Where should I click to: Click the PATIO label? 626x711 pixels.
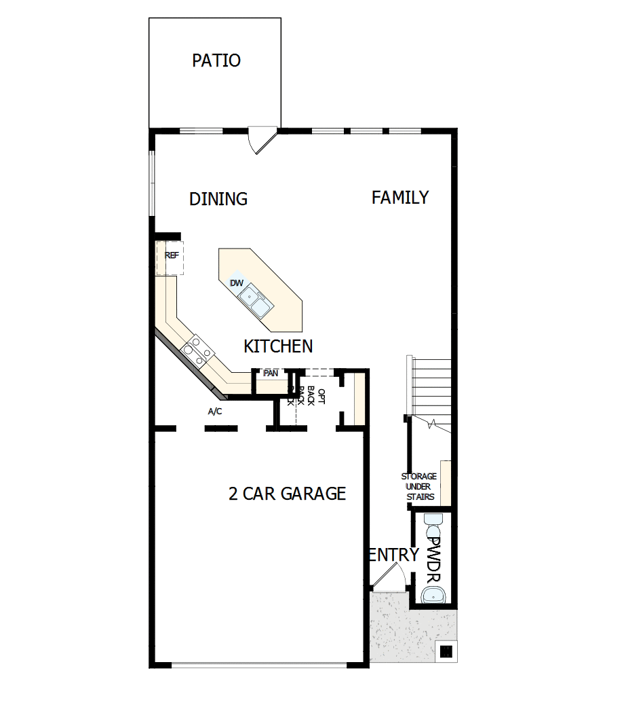[216, 60]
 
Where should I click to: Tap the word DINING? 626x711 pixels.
[218, 199]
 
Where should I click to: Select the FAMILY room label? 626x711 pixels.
[400, 198]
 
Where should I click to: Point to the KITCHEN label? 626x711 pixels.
[278, 346]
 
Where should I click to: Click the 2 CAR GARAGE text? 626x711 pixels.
[287, 494]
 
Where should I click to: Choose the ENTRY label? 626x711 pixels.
[394, 555]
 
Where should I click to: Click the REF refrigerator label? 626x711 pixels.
[172, 255]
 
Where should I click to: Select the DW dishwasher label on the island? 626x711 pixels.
[237, 283]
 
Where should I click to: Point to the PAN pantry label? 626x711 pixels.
[271, 373]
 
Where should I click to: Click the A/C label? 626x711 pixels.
[215, 412]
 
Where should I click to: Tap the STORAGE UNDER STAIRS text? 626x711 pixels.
[419, 487]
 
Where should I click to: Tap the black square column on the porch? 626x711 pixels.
[446, 652]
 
